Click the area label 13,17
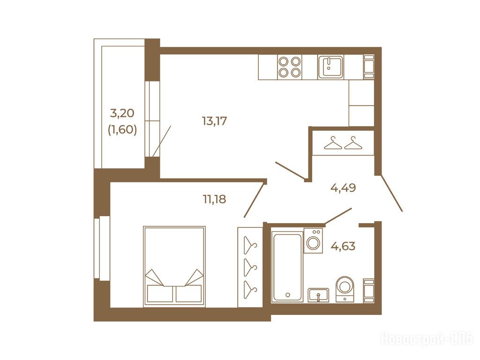pyautogui.click(x=214, y=121)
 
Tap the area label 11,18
pyautogui.click(x=214, y=199)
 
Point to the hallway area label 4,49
pyautogui.click(x=343, y=187)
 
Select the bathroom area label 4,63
pyautogui.click(x=343, y=246)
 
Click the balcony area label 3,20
pyautogui.click(x=122, y=113)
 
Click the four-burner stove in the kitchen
pyautogui.click(x=290, y=67)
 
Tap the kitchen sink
pyautogui.click(x=330, y=67)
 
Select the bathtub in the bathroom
pyautogui.click(x=287, y=266)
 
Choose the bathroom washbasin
pyautogui.click(x=318, y=295)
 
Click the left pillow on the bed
pyautogui.click(x=160, y=293)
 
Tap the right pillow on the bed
pyautogui.click(x=188, y=293)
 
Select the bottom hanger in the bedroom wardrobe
pyautogui.click(x=250, y=289)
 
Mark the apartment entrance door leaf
pyautogui.click(x=391, y=193)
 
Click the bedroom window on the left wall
pyautogui.click(x=102, y=247)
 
